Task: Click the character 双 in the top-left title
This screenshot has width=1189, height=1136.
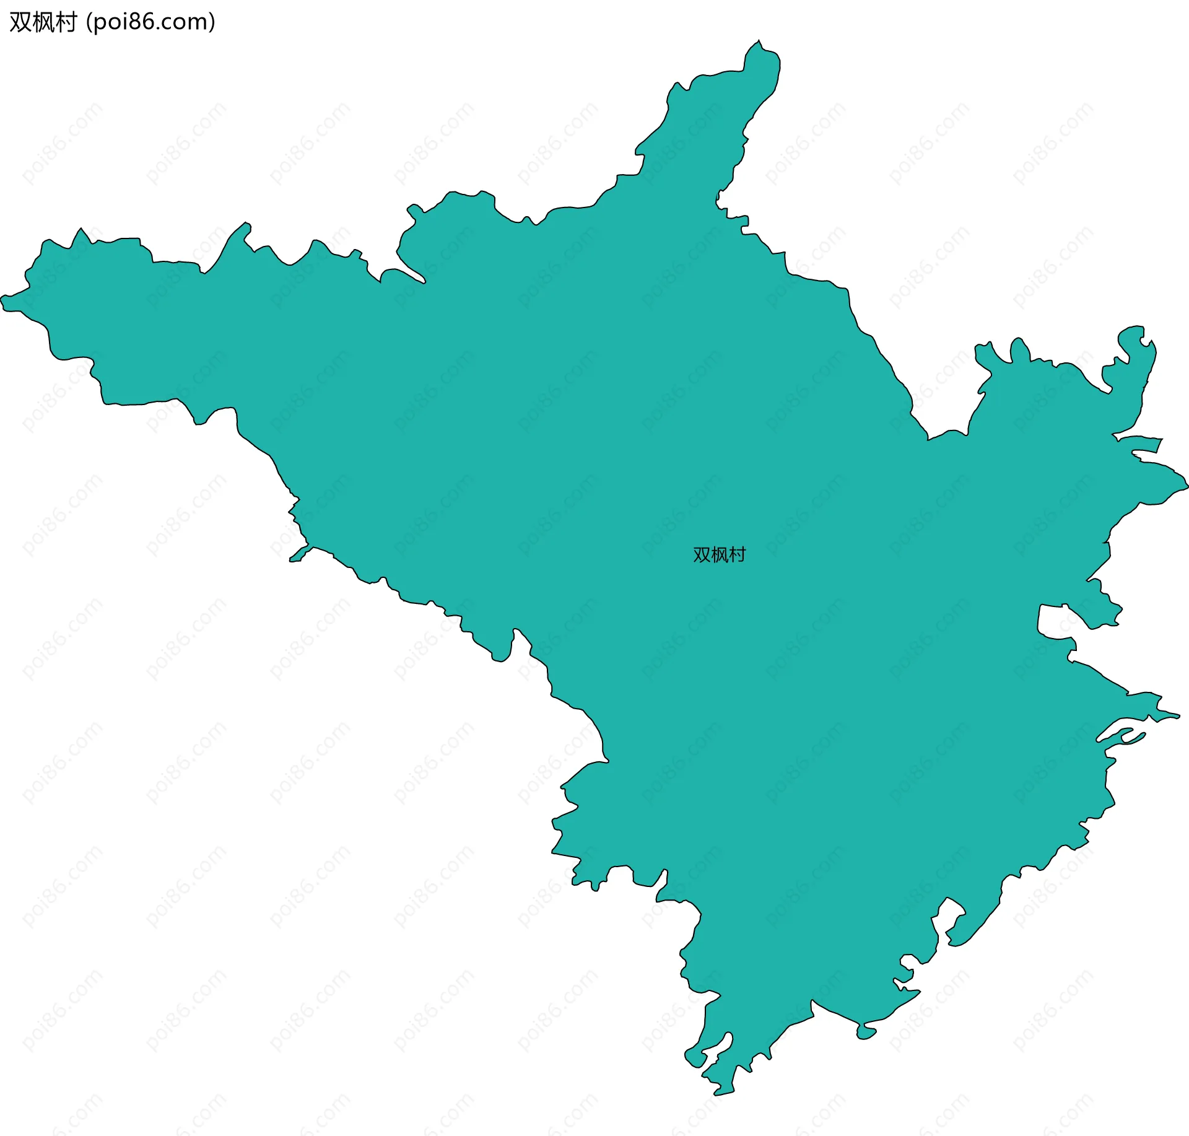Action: (20, 22)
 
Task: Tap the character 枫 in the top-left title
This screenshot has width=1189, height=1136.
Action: (43, 22)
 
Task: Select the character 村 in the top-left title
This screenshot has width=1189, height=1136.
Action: (66, 22)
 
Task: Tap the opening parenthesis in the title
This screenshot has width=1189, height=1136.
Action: (89, 22)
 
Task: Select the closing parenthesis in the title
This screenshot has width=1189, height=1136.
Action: (212, 22)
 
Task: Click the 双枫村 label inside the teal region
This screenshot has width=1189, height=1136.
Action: (719, 555)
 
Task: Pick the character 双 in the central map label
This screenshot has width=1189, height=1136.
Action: (702, 555)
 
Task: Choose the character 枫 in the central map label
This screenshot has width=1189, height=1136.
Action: (719, 555)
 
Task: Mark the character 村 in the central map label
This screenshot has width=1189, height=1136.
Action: (737, 555)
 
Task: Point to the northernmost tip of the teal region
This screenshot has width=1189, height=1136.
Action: (759, 41)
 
